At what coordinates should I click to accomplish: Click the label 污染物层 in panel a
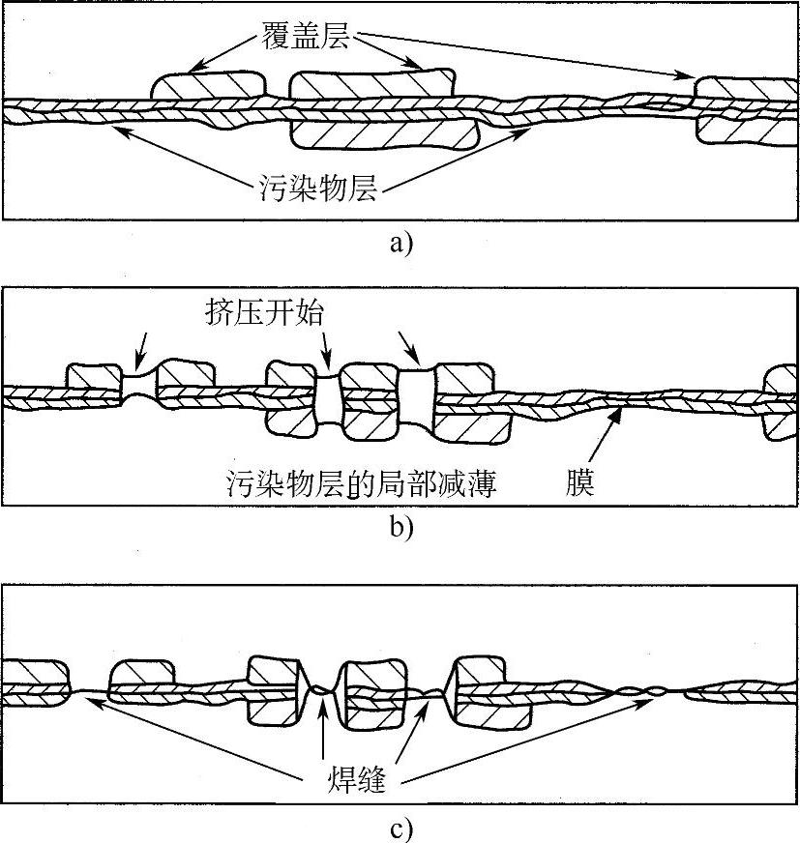(x=318, y=185)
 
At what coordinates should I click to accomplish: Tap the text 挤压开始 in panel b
(x=259, y=314)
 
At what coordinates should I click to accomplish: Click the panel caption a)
(x=400, y=242)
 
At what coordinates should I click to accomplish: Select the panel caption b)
(x=400, y=528)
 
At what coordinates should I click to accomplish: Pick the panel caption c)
(x=400, y=828)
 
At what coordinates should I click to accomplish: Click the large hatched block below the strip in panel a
(x=385, y=134)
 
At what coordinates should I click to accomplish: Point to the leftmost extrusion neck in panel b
(x=139, y=387)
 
